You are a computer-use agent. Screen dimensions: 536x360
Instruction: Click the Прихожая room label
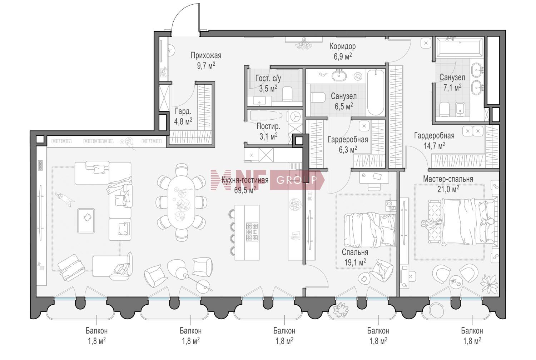206,55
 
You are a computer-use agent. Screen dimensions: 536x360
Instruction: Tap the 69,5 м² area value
245,190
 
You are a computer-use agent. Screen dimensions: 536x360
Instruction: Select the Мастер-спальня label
448,179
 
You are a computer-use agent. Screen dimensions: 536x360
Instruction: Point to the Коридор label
343,46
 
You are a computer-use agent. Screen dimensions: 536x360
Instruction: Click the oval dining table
181,202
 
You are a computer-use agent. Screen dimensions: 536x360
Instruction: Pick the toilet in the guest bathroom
287,94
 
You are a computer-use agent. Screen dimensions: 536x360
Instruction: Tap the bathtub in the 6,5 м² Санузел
376,92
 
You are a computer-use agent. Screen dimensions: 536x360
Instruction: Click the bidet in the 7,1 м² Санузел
460,110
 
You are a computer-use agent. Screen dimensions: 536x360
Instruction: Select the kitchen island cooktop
252,231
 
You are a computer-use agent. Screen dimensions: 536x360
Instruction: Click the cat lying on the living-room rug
64,199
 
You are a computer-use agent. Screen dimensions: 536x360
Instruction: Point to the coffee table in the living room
86,221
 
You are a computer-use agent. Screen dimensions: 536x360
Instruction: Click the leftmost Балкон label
97,331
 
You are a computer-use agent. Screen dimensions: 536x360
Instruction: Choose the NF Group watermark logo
268,180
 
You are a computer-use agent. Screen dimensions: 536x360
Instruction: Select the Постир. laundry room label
268,126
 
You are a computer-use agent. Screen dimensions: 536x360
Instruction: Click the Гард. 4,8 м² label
183,116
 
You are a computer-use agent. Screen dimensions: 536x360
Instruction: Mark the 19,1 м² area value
355,262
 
